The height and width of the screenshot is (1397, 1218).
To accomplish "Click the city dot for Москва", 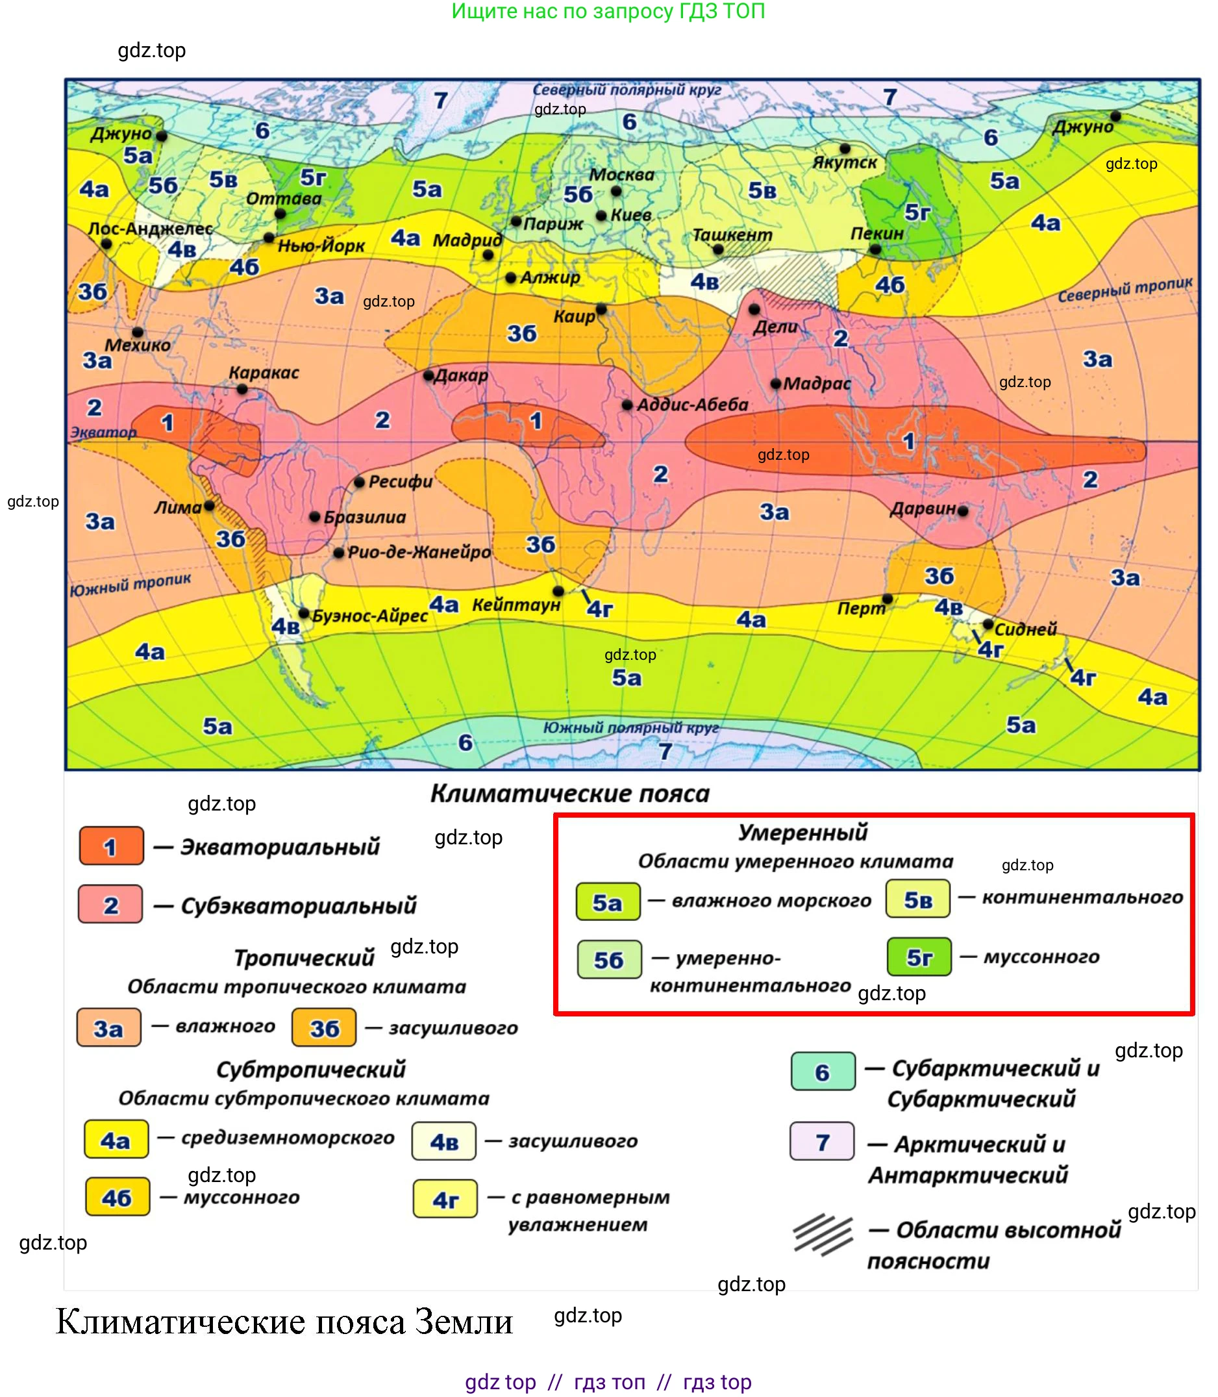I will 615,191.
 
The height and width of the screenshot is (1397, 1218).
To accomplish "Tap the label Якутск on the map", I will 845,162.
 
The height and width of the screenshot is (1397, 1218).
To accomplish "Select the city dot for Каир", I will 601,309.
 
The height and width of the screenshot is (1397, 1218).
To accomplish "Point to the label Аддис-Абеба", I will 692,405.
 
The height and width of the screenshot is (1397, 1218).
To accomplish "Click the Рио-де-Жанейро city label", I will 419,552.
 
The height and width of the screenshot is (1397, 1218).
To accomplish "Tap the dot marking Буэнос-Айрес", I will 304,613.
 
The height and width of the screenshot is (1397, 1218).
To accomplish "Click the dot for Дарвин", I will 962,510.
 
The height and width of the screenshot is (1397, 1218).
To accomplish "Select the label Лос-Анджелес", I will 150,229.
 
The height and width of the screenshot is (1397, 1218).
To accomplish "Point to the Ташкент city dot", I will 718,249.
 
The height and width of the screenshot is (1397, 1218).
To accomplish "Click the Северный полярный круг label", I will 627,90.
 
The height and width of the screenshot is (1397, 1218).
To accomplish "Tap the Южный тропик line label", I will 130,584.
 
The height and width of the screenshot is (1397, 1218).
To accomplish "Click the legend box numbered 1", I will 112,846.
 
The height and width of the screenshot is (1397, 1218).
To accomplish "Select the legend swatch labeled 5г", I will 919,957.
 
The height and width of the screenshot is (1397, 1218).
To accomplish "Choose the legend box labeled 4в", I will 444,1141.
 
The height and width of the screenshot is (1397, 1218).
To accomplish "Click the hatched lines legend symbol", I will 823,1235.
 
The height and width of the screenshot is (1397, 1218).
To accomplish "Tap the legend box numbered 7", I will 822,1141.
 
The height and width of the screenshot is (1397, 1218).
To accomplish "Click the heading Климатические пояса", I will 569,794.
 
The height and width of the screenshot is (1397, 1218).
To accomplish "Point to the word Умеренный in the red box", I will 802,832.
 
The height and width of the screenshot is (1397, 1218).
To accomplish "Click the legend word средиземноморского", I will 288,1138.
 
